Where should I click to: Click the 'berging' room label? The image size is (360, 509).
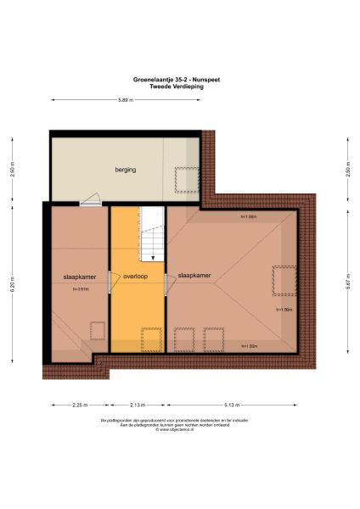pyautogui.click(x=126, y=170)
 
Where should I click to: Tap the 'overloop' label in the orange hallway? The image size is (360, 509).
pyautogui.click(x=136, y=276)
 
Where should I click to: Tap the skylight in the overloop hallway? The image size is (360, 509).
pyautogui.click(x=151, y=339)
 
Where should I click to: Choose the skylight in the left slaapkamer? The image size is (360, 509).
pyautogui.click(x=98, y=330)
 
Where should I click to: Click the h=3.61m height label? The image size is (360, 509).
pyautogui.click(x=82, y=290)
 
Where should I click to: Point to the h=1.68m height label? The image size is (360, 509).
pyautogui.click(x=249, y=215)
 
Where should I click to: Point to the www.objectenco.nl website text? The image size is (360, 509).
pyautogui.click(x=179, y=429)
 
